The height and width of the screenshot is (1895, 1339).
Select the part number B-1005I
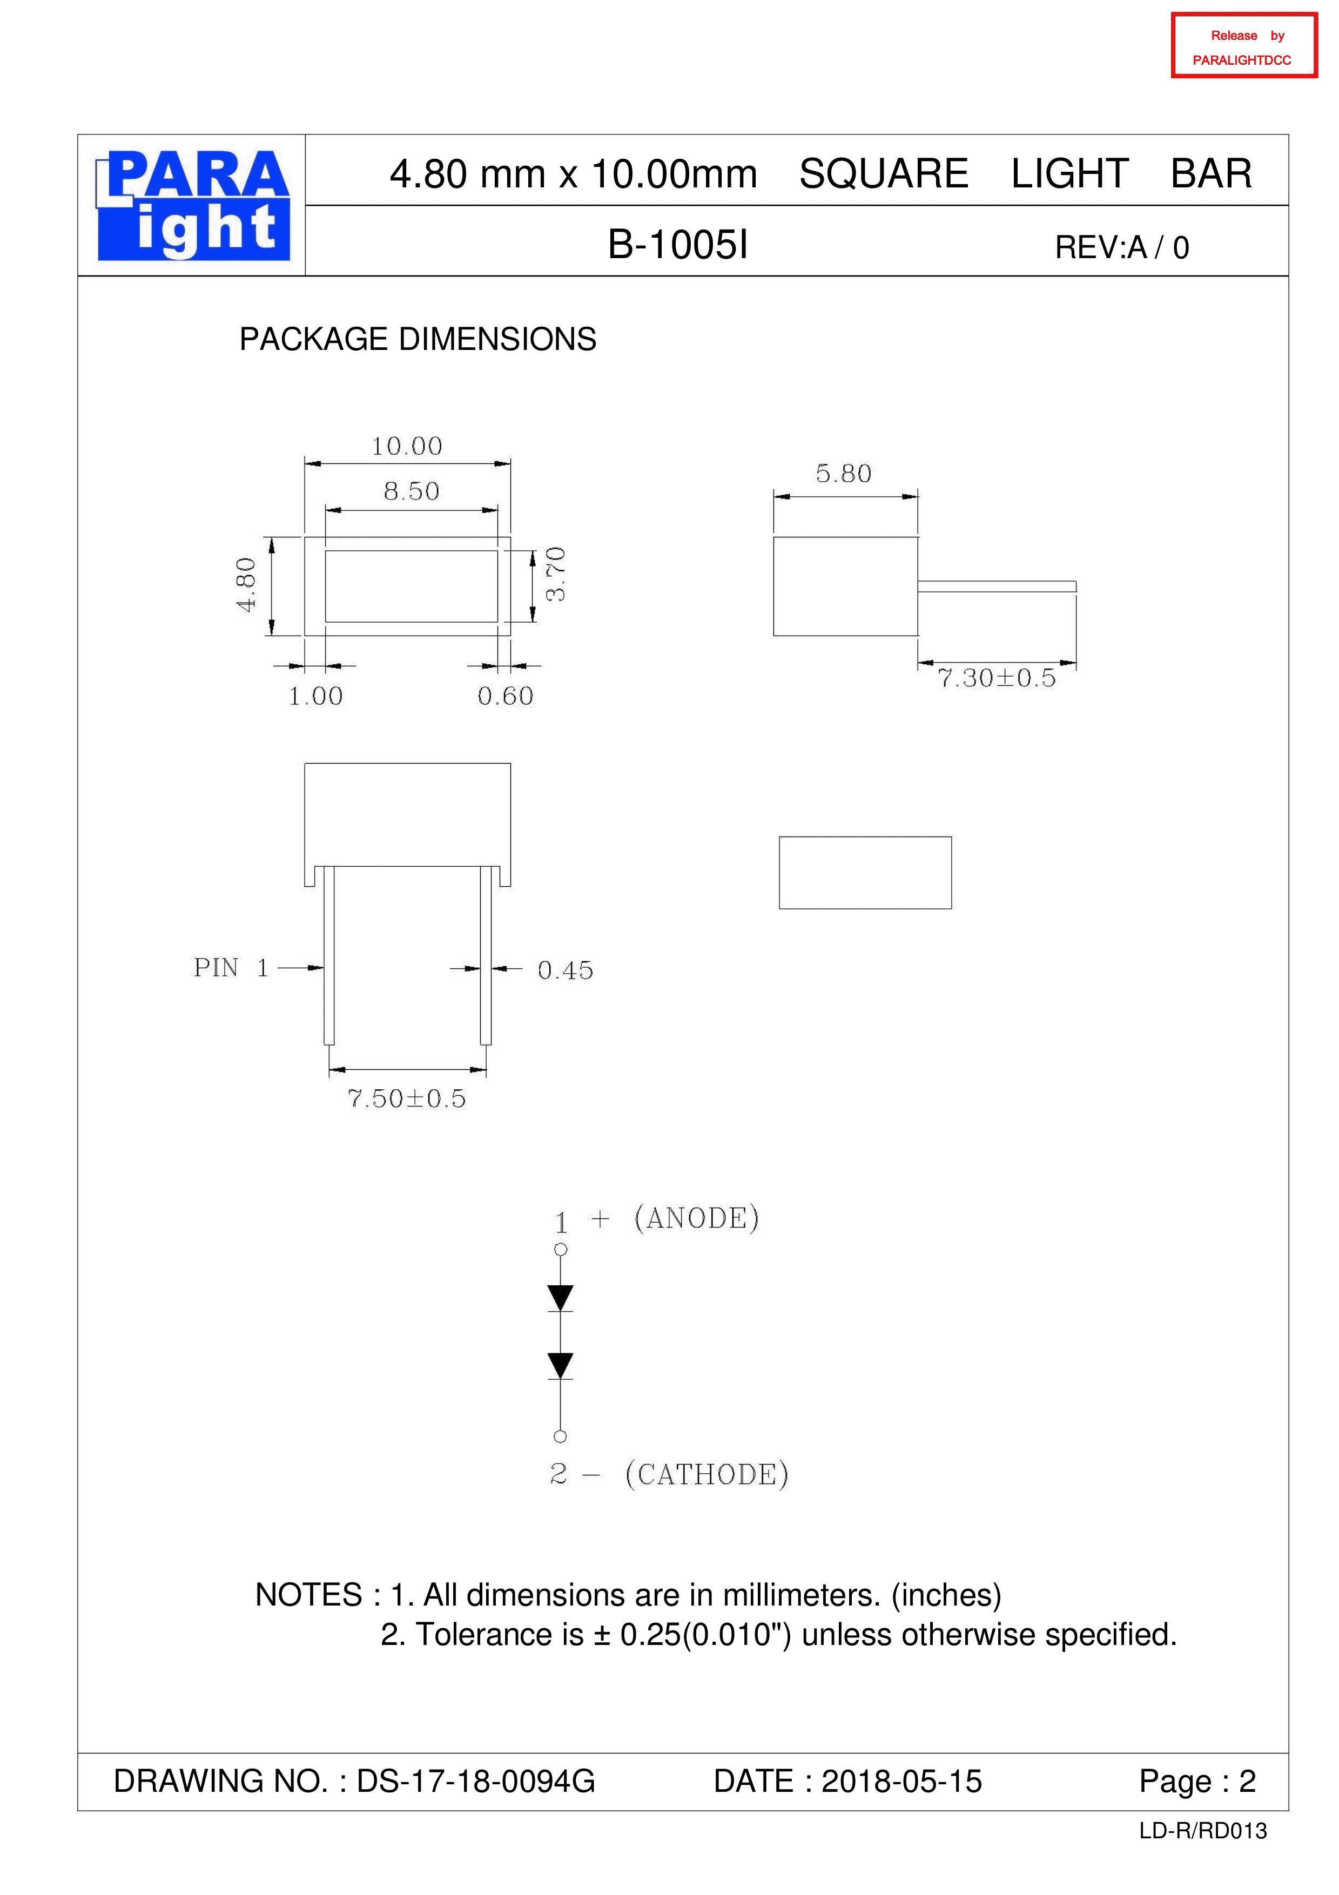(x=678, y=245)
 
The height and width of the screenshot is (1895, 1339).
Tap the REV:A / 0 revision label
(x=1122, y=247)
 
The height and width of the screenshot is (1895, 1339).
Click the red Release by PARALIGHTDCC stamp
(x=1243, y=46)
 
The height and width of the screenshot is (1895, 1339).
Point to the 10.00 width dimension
(x=407, y=447)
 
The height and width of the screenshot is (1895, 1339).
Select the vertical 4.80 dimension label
(x=246, y=585)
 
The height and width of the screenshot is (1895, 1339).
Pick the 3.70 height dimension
(x=556, y=575)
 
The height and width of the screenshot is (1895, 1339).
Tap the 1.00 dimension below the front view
(x=315, y=697)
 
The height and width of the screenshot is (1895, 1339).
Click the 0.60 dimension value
(x=505, y=697)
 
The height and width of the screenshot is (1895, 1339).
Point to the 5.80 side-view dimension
(x=844, y=474)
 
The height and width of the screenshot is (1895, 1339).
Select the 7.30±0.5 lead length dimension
(x=997, y=678)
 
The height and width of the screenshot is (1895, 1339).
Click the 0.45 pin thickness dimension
(x=566, y=970)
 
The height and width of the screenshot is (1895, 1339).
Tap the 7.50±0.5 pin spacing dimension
(x=407, y=1098)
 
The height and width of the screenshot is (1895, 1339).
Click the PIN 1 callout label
(x=231, y=968)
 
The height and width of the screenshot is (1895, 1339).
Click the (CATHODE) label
(x=706, y=1474)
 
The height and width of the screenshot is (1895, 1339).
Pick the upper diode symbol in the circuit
(x=561, y=1298)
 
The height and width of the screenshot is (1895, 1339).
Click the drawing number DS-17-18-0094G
(x=475, y=1781)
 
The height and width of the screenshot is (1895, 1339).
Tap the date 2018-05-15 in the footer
(x=901, y=1781)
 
